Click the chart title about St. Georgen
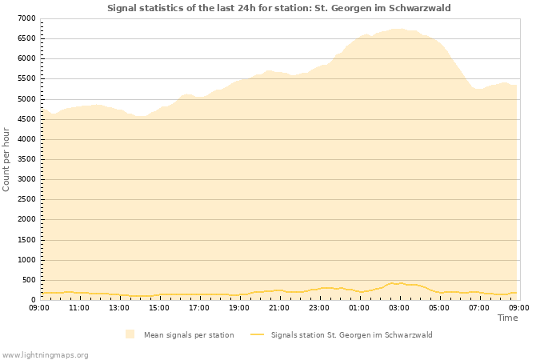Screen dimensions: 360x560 (279, 8)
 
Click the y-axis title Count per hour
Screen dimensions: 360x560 (7, 158)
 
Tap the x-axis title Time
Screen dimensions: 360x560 (507, 318)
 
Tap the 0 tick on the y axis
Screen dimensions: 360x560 (33, 300)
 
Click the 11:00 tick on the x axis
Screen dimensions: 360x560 (79, 307)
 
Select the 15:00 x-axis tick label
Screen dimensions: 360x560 (159, 307)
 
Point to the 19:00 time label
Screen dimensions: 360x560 (239, 307)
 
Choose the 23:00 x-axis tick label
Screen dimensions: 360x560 (319, 307)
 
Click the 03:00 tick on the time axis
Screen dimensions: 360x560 (399, 307)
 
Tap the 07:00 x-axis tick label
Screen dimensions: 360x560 (479, 307)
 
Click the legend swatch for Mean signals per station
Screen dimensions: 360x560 (130, 334)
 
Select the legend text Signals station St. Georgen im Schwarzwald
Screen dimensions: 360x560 (351, 335)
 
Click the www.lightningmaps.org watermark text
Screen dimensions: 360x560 (46, 355)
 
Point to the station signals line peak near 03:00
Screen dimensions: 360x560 (392, 282)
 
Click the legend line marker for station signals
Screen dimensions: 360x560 (257, 334)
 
